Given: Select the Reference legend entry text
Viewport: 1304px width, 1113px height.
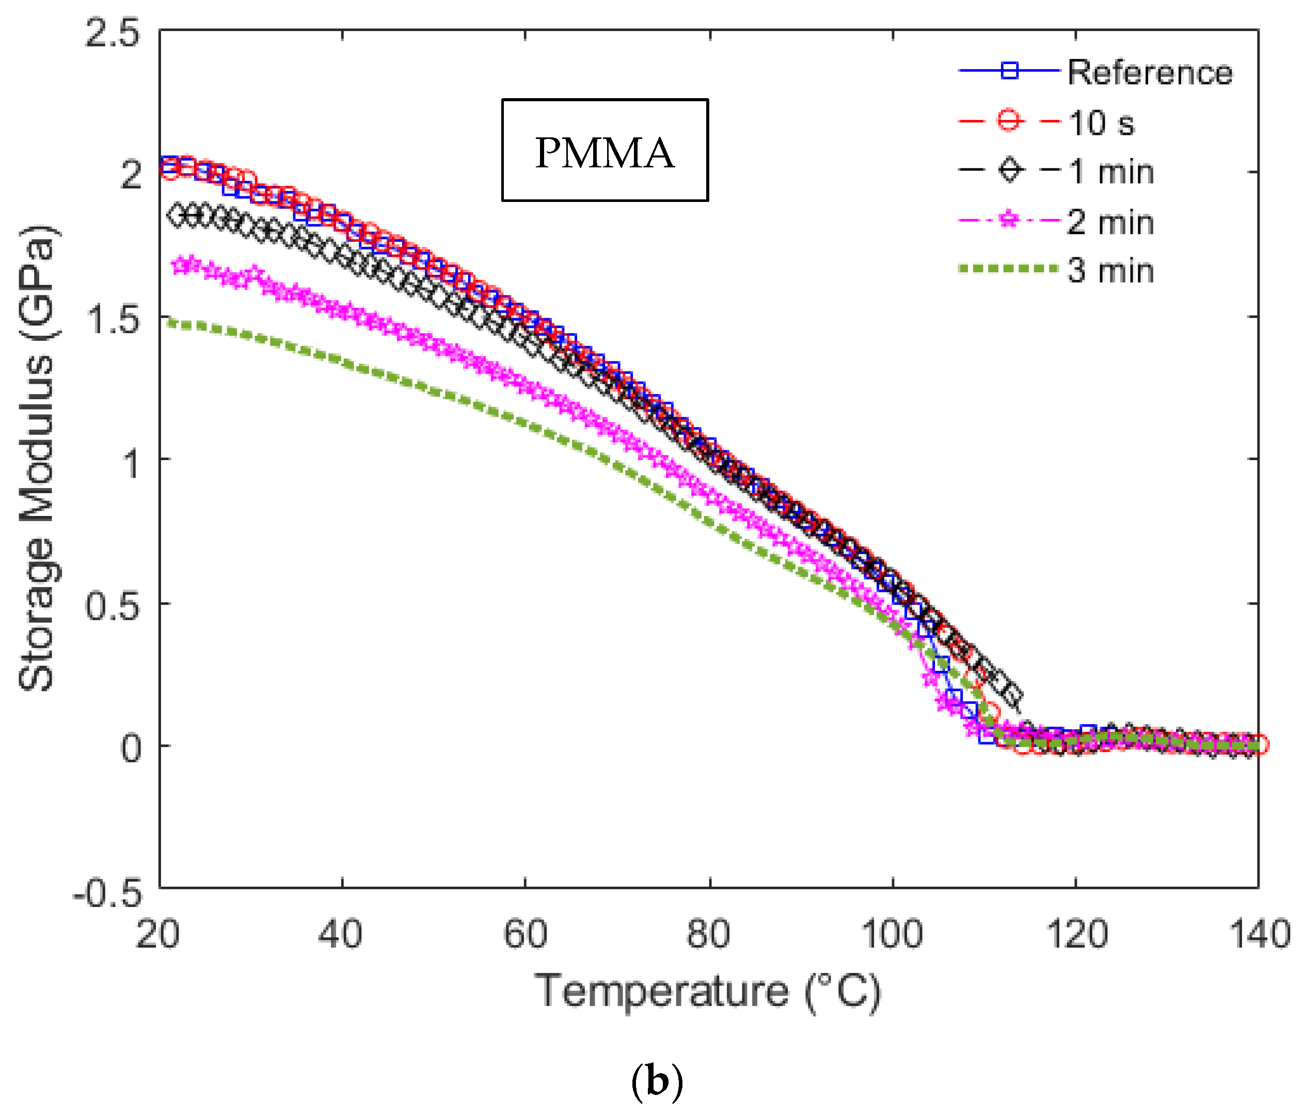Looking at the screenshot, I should point(1150,72).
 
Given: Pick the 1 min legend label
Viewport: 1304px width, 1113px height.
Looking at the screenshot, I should point(1111,172).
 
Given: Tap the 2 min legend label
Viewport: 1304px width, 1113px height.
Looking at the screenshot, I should point(1111,222).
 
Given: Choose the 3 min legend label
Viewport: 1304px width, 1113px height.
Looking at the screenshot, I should point(1111,271).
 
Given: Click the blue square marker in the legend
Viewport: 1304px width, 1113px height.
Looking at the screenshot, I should point(1009,71).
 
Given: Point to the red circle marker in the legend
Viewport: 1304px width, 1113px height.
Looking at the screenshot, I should point(1009,120).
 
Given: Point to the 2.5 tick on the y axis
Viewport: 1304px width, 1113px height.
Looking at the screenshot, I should point(112,32).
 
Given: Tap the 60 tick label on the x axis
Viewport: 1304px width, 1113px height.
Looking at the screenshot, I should point(525,934).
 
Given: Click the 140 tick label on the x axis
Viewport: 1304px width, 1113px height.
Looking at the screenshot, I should point(1259,934).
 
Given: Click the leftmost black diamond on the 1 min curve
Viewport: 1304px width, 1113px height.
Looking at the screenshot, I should point(177,215).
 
